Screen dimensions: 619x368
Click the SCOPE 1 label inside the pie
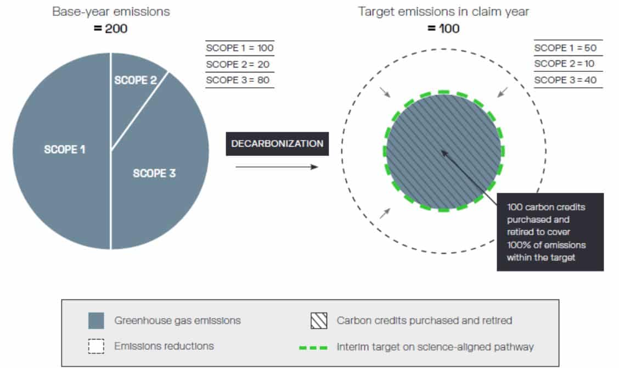64,149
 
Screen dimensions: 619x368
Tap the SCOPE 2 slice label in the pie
136,80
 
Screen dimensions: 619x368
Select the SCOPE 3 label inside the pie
154,173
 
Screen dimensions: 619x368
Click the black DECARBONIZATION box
277,143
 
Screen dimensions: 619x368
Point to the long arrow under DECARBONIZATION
277,167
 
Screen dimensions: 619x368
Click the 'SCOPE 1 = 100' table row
240,48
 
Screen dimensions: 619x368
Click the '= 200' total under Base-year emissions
110,29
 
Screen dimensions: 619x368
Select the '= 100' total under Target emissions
443,29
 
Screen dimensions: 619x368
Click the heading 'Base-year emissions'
111,12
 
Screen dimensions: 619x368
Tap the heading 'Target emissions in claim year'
443,12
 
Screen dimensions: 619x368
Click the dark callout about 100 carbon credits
550,232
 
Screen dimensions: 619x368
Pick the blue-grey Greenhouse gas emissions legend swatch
97,321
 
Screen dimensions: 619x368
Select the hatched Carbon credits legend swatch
319,321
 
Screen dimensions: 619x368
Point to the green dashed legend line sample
313,348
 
